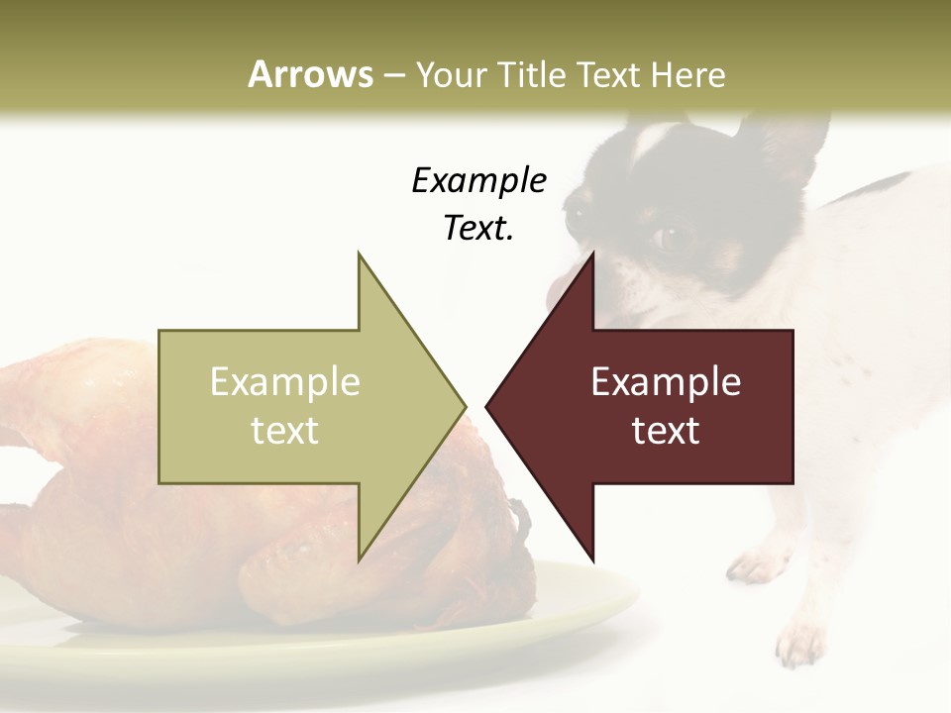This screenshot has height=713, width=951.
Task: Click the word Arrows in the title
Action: point(310,74)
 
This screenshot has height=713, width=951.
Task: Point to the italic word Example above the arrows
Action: point(478,180)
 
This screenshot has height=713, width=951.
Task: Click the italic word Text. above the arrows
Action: point(478,229)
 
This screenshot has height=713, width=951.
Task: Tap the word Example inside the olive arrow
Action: point(285,381)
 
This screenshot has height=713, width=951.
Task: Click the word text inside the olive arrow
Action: point(285,431)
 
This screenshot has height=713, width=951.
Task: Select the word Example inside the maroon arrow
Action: point(666,381)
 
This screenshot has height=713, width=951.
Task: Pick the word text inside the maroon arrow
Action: point(666,431)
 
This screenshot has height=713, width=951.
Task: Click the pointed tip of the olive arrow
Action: point(464,405)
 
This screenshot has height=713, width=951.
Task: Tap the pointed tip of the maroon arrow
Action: point(487,405)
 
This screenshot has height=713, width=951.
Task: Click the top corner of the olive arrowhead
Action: point(360,255)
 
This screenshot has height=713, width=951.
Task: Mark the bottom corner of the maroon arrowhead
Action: point(592,559)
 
